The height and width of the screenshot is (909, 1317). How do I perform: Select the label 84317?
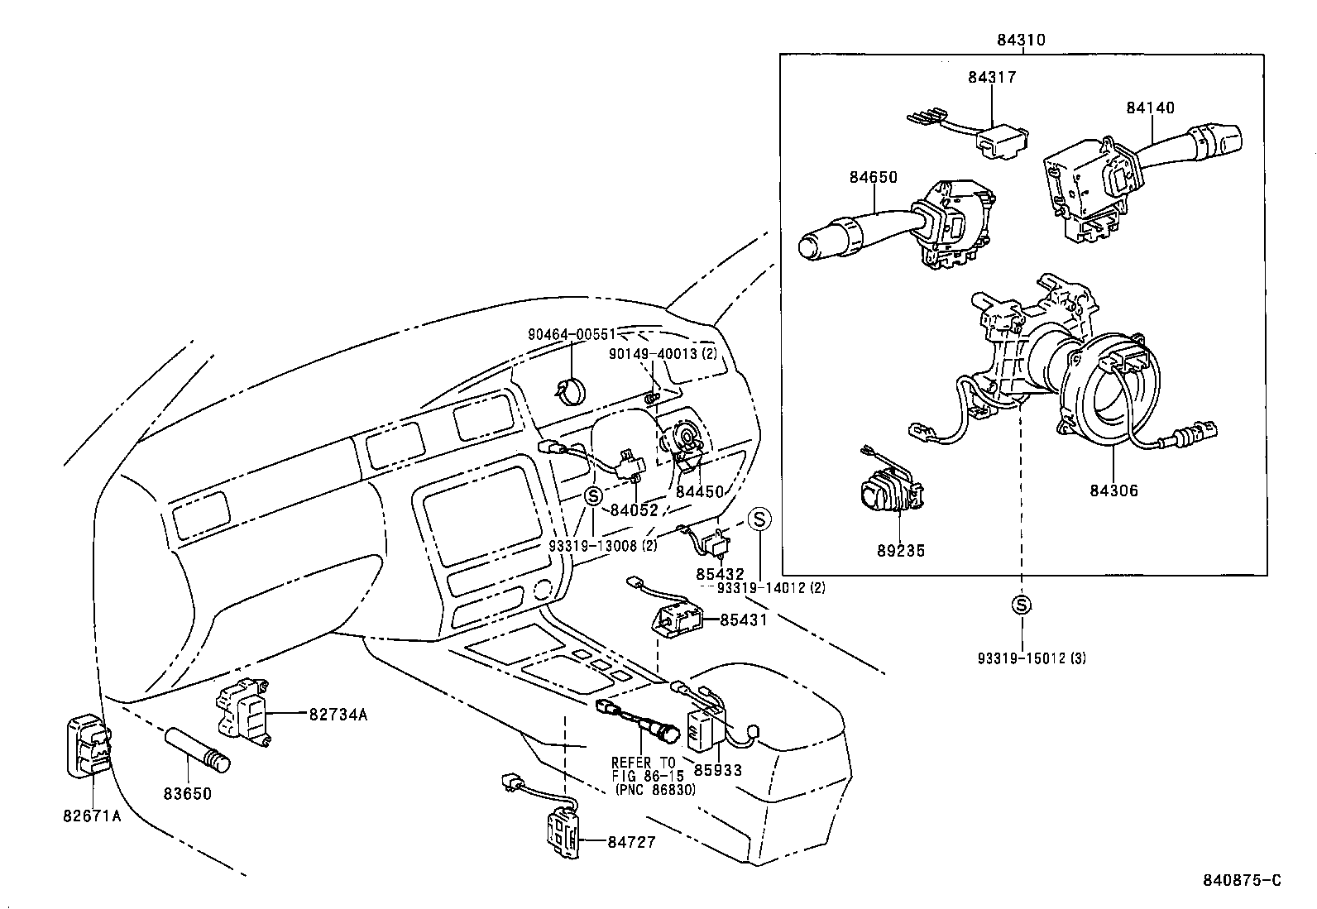(992, 77)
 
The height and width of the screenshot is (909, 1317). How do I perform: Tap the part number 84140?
(1149, 108)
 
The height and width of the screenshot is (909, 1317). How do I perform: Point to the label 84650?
(873, 177)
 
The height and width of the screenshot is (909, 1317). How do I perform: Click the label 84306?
(1113, 490)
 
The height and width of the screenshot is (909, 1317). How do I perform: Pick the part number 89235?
(900, 551)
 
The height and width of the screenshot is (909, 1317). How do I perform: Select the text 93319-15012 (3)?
(1031, 658)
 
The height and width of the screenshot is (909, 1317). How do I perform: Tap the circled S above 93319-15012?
(1022, 605)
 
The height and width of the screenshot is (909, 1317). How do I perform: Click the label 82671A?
(92, 816)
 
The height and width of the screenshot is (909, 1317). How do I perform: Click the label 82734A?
(338, 714)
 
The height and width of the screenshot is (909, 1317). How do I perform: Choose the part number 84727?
(631, 842)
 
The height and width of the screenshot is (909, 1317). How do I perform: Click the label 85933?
(717, 770)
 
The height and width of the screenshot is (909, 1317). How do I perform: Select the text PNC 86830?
(656, 790)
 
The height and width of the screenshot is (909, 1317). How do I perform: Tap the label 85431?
(744, 619)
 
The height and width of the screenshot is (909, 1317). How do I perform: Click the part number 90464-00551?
(572, 334)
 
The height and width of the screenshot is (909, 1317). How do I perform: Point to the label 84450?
(699, 490)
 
